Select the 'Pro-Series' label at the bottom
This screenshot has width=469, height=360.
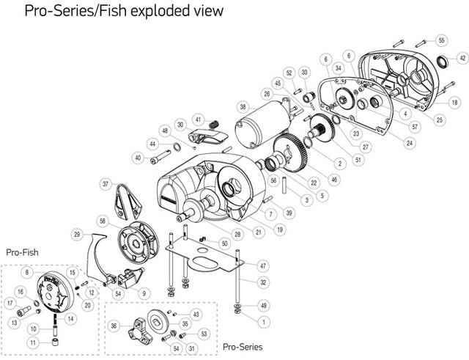[242, 346]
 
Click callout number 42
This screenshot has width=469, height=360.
[462, 57]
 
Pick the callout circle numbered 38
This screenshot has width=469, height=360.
[243, 106]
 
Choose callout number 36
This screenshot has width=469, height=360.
[114, 326]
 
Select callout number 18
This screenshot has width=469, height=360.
[455, 103]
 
